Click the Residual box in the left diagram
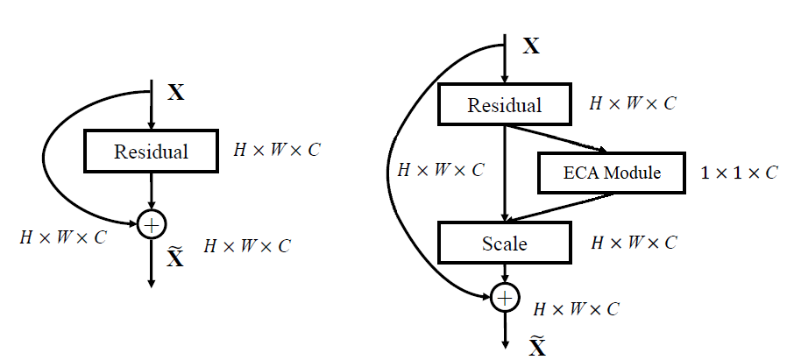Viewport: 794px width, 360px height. (x=151, y=151)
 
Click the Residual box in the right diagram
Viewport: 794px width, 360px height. (x=504, y=105)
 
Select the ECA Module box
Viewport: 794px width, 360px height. (x=611, y=173)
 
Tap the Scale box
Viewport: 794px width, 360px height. (x=504, y=243)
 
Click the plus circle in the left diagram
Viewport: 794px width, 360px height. (x=152, y=225)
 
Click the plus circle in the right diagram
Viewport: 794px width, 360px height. (x=505, y=298)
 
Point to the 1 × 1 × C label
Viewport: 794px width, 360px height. (x=738, y=173)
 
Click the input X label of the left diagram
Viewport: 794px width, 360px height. (x=176, y=92)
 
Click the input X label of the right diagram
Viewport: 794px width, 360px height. (x=531, y=46)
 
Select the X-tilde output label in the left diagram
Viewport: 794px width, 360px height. (x=175, y=258)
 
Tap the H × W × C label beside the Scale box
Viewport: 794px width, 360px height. (x=634, y=243)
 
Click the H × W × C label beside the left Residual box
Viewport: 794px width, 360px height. (x=276, y=150)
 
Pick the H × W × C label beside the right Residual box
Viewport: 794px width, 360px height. (x=633, y=103)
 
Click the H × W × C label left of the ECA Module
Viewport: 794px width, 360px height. (x=440, y=171)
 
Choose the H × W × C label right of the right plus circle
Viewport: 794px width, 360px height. (x=577, y=309)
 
